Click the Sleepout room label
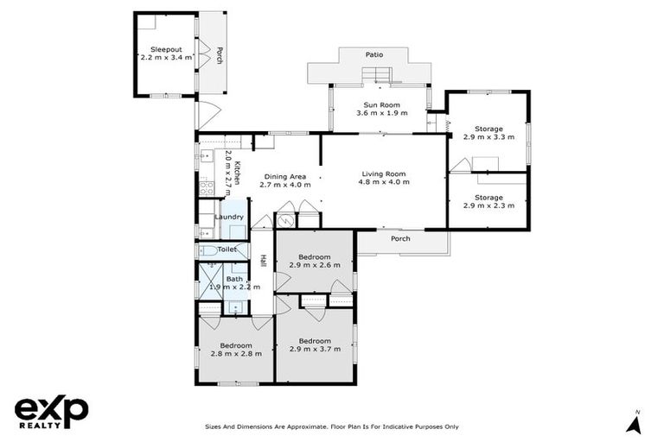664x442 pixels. tap(165, 49)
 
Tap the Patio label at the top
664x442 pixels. tap(373, 54)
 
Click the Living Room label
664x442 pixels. tap(384, 174)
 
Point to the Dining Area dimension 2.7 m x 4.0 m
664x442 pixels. tap(284, 184)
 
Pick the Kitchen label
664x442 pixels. tap(235, 166)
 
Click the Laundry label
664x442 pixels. tap(229, 217)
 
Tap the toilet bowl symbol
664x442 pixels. tap(207, 250)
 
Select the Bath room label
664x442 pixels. tap(234, 278)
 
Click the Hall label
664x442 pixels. tap(262, 260)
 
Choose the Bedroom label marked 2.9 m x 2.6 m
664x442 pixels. tap(314, 256)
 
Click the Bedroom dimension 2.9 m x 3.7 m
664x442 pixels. tap(315, 350)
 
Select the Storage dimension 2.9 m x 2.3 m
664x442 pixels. tap(488, 205)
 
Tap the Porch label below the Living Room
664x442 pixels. tap(400, 239)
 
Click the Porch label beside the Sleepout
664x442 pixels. tap(220, 54)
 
